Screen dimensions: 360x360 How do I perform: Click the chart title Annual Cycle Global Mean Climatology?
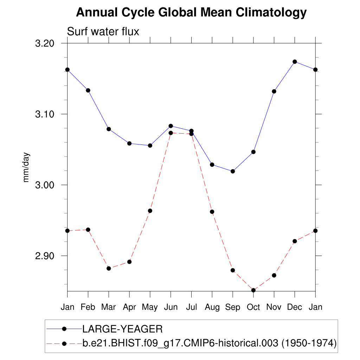point(191,13)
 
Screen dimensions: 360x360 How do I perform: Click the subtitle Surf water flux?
point(103,32)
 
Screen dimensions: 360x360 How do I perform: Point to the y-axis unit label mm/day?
point(26,167)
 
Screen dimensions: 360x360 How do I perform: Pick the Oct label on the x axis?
point(253,307)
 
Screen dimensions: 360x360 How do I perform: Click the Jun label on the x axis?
point(171,307)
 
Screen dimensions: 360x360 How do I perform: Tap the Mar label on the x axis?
point(109,307)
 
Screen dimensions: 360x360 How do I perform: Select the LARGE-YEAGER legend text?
point(122,329)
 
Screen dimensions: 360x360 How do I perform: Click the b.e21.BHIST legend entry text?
point(210,343)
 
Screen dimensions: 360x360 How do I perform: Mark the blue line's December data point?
point(295,62)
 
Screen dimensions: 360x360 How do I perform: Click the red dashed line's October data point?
point(253,290)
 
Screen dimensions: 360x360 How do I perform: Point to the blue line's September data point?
point(232,171)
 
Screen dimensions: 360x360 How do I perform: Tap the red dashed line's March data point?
point(109,268)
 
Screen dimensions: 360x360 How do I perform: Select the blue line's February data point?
point(88,90)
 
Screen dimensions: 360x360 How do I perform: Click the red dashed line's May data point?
point(150,211)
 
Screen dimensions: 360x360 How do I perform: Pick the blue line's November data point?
point(274,91)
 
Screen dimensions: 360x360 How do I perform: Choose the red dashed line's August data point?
point(212,212)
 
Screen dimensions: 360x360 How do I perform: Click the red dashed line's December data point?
point(295,241)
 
